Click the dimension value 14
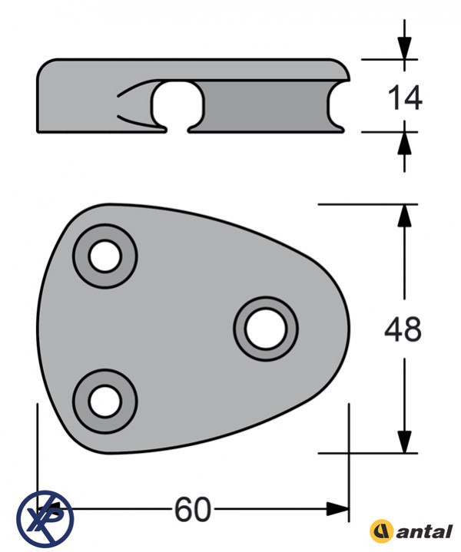click(405, 98)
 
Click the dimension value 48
click(403, 329)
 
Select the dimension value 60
click(193, 510)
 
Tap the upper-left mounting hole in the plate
click(105, 256)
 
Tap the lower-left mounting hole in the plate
click(105, 402)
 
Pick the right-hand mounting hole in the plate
click(266, 329)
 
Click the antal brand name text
click(424, 531)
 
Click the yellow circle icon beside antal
click(381, 531)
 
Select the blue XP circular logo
click(45, 519)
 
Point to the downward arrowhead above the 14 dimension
click(404, 47)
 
